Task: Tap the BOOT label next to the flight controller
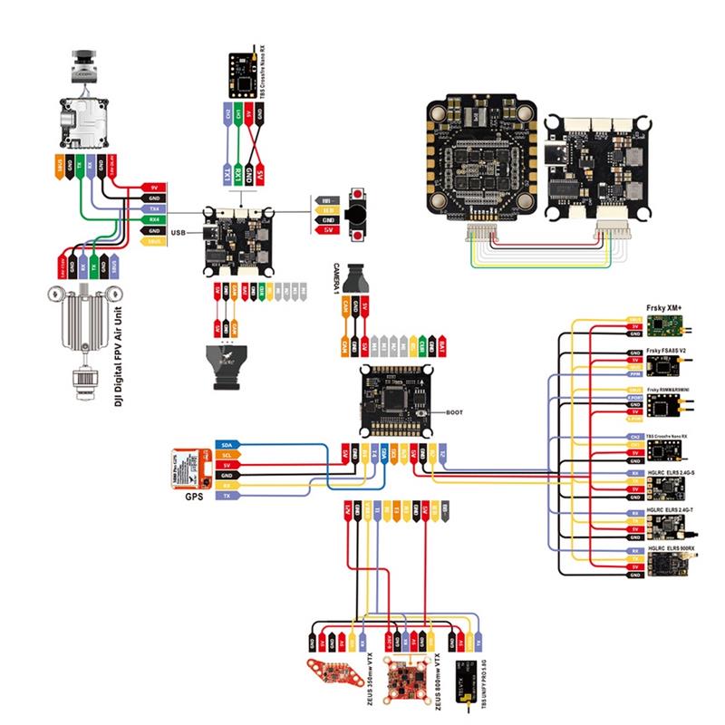pyautogui.click(x=455, y=412)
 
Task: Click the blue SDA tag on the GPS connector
pyautogui.click(x=226, y=446)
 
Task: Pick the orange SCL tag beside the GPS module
pyautogui.click(x=226, y=456)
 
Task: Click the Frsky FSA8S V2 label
pyautogui.click(x=672, y=347)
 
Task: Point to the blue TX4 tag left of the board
pyautogui.click(x=154, y=208)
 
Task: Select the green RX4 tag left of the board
pyautogui.click(x=154, y=219)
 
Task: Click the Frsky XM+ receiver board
pyautogui.click(x=673, y=324)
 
